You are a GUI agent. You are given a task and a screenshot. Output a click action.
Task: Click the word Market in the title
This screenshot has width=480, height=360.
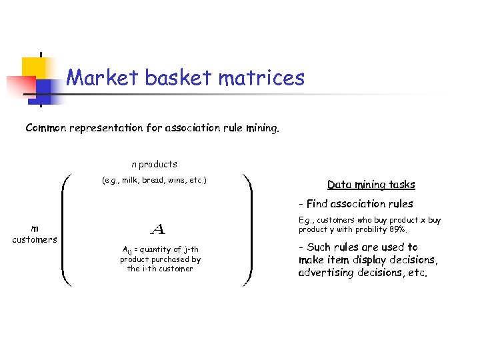point(103,79)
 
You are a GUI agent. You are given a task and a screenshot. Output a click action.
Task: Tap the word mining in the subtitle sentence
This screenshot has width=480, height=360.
point(261,127)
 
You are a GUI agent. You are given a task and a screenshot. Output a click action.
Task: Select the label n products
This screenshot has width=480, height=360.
point(154,164)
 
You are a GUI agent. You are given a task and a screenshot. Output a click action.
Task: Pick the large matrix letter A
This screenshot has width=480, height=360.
point(158,230)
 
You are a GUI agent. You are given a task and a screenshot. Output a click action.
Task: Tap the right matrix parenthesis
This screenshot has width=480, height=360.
point(247,230)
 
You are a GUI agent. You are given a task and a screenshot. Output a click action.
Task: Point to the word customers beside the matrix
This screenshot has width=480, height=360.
point(35,240)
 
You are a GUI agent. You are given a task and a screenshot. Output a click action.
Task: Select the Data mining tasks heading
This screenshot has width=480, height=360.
point(371,185)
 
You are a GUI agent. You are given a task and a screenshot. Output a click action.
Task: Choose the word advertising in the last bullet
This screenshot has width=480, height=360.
point(329,273)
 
